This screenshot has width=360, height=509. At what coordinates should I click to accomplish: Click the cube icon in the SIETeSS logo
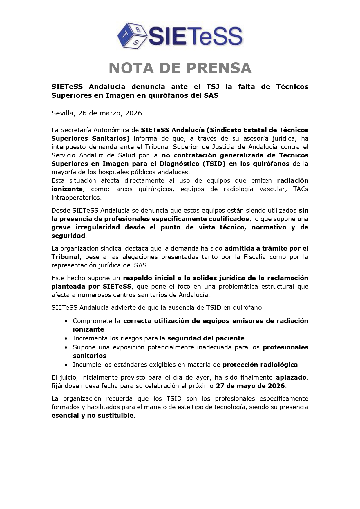(132, 36)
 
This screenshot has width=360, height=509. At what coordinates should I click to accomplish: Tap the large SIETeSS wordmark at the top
(195, 36)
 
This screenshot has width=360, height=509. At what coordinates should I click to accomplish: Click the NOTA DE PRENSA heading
(180, 68)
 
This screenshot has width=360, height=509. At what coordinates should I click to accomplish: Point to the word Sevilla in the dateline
(62, 113)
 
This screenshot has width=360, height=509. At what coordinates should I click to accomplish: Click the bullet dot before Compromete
(66, 321)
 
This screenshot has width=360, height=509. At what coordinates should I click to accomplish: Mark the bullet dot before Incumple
(66, 365)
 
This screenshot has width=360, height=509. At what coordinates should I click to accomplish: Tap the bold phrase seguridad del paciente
(206, 338)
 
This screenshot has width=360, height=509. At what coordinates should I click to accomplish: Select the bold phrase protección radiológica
(260, 365)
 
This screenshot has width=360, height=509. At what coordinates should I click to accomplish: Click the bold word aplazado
(291, 377)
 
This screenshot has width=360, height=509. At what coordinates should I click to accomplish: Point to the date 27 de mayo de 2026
(250, 386)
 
